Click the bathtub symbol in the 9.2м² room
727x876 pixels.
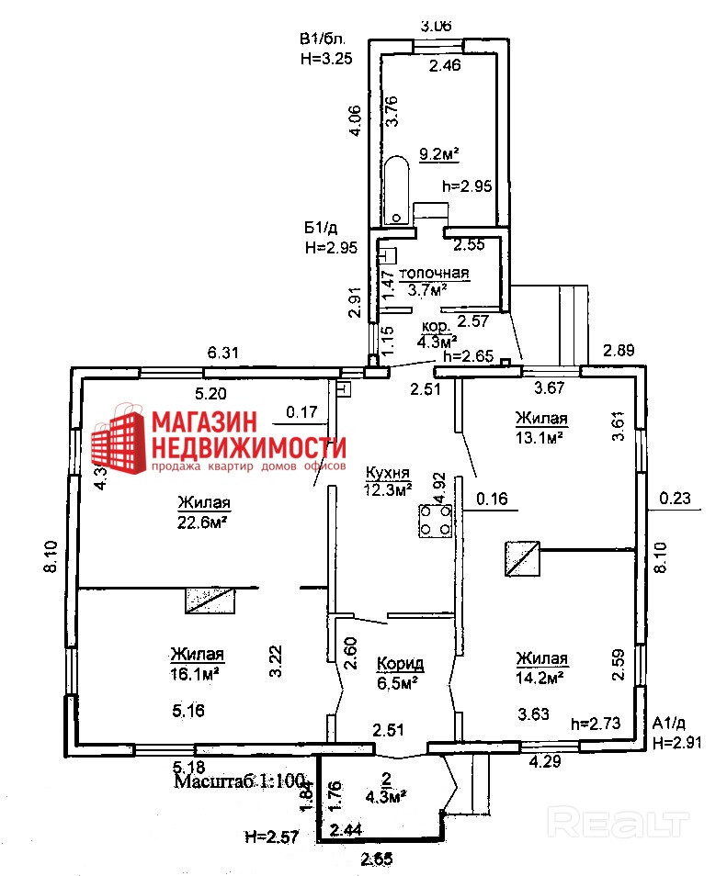396,191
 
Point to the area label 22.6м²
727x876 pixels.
203,522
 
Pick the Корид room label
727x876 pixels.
400,663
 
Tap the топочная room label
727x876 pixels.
439,273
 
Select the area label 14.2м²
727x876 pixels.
540,678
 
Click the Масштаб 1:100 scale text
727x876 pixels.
240,781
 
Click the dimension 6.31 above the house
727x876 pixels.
223,353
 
